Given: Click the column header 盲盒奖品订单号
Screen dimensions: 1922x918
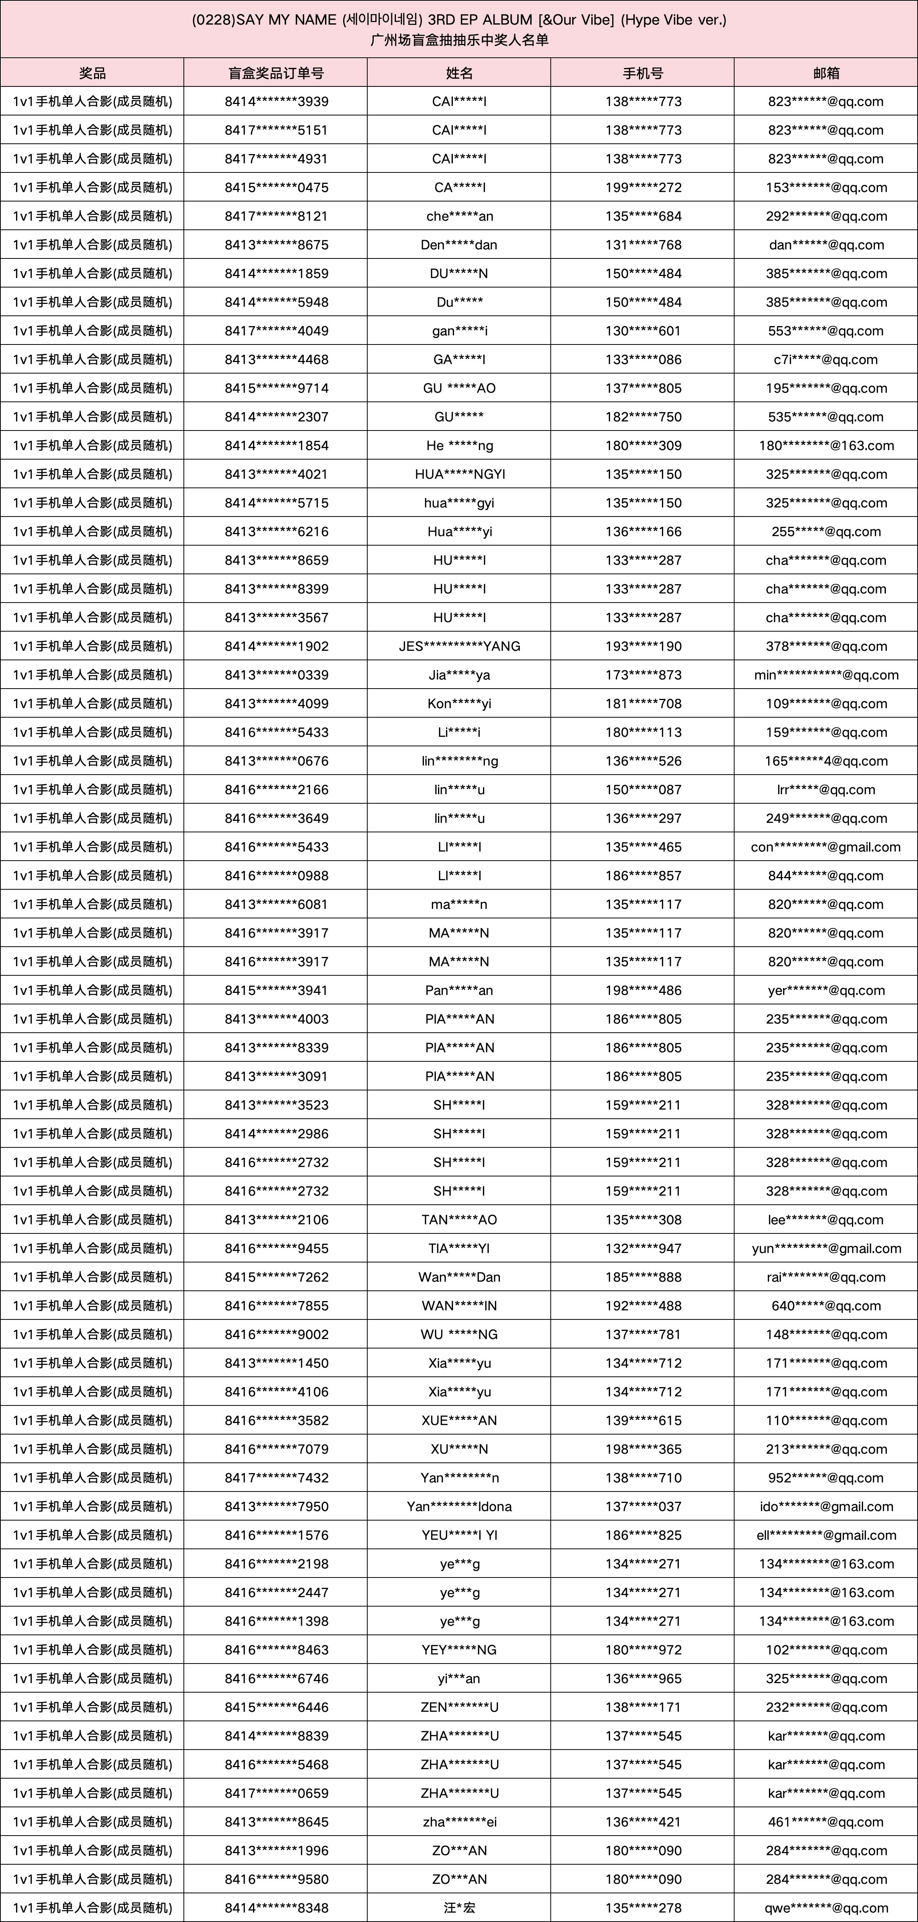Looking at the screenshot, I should pos(276,73).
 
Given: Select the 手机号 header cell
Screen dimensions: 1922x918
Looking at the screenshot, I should pos(643,73).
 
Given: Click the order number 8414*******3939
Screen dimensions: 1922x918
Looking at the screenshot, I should pos(276,101).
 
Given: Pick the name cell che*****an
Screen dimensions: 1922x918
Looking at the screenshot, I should pos(459,216).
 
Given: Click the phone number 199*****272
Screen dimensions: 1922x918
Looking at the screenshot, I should pos(643,187).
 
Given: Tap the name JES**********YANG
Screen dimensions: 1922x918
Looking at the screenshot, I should pos(459,646).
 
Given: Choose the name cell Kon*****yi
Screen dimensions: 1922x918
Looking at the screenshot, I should pos(459,703).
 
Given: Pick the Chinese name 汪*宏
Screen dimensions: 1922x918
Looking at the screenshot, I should pos(459,1908).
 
